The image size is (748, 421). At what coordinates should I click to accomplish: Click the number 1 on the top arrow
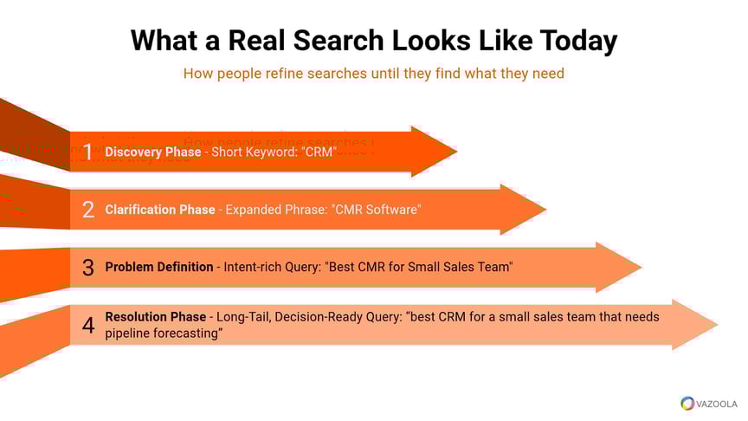click(87, 152)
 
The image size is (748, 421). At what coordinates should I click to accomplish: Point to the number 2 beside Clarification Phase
click(87, 210)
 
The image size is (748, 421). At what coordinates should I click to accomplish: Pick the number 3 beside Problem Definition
click(87, 268)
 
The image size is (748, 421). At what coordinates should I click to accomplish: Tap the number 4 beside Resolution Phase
click(87, 326)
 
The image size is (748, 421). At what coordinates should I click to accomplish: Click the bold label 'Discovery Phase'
click(152, 152)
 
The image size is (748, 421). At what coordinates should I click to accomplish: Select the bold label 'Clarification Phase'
click(159, 210)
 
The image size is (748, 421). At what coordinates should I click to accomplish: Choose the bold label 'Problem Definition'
click(159, 267)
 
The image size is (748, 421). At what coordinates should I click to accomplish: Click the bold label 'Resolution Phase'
click(156, 317)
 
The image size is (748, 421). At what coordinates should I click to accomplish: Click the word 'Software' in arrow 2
click(390, 210)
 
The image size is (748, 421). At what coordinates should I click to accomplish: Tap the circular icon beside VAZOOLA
click(687, 404)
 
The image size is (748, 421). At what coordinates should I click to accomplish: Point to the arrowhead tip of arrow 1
click(455, 152)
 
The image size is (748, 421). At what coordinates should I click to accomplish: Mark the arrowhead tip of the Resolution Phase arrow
click(717, 325)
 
